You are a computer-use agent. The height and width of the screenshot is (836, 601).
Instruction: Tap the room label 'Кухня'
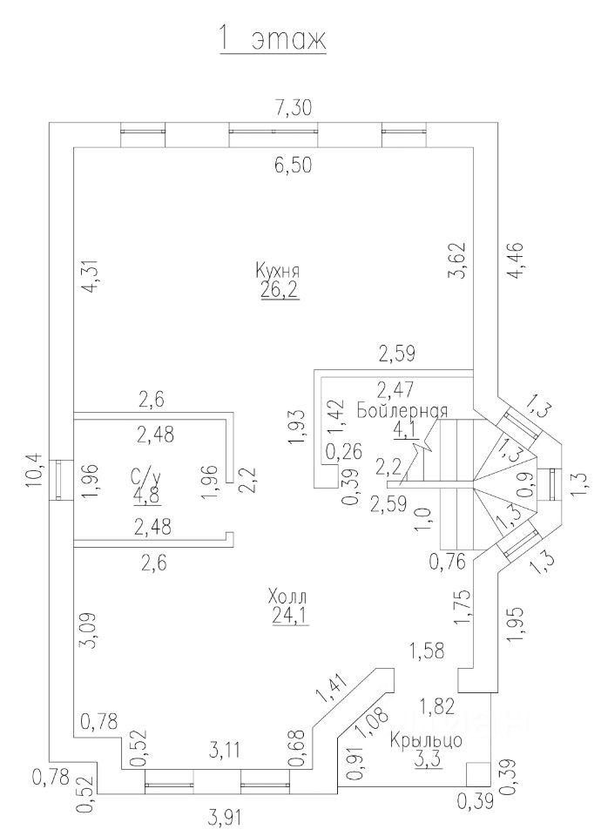(279, 269)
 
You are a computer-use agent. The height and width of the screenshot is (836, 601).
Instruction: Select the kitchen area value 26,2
(279, 291)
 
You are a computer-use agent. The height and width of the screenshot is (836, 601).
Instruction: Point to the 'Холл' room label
(287, 597)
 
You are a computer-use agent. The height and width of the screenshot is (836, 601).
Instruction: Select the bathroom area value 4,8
(146, 496)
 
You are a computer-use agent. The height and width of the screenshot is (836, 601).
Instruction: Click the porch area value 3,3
(427, 760)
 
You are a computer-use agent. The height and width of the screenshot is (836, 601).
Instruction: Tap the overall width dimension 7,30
(293, 107)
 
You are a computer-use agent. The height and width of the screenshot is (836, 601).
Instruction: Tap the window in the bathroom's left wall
(60, 481)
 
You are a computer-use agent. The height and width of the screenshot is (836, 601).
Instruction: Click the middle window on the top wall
(273, 131)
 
